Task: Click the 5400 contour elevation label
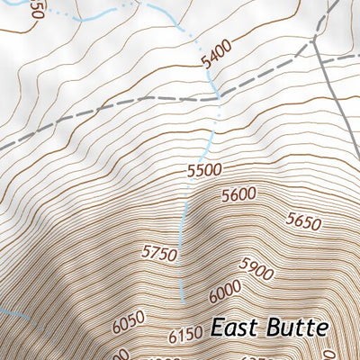pyautogui.click(x=216, y=54)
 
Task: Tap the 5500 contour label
pyautogui.click(x=203, y=169)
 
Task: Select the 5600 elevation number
pyautogui.click(x=238, y=193)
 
